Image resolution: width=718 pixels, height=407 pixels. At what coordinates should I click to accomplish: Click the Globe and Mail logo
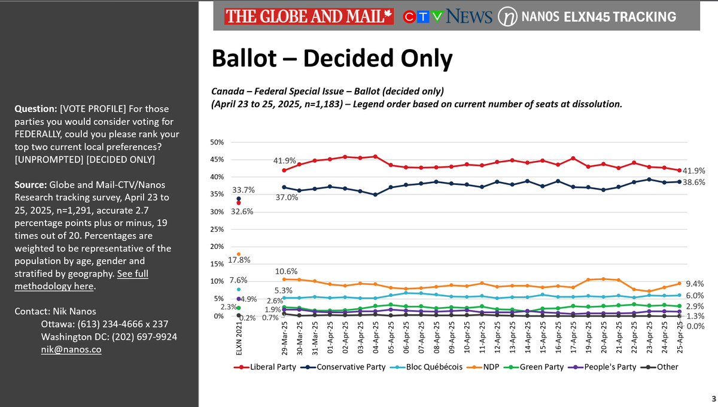pyautogui.click(x=309, y=17)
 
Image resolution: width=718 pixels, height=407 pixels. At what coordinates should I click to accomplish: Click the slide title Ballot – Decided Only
pyautogui.click(x=331, y=59)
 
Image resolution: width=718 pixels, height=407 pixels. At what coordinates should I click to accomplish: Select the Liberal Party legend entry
pyautogui.click(x=270, y=367)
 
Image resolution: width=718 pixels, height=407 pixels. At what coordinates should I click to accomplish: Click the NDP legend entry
pyautogui.click(x=488, y=367)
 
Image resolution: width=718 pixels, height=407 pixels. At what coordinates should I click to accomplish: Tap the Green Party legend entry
pyautogui.click(x=536, y=367)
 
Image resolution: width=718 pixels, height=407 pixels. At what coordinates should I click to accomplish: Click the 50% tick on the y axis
pyautogui.click(x=217, y=142)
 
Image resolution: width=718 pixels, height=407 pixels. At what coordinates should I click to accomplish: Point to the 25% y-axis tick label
pyautogui.click(x=217, y=229)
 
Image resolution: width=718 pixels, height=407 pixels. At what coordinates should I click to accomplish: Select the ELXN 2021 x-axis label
pyautogui.click(x=239, y=338)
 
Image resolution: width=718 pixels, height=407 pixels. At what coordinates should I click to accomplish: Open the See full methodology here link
pyautogui.click(x=81, y=280)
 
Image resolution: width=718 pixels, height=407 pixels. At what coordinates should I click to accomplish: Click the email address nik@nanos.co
pyautogui.click(x=57, y=349)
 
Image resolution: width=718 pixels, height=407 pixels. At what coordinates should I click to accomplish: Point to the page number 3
pyautogui.click(x=713, y=399)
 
